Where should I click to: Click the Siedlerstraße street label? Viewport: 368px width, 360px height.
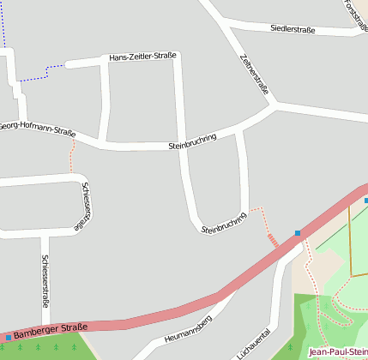[x=293, y=30]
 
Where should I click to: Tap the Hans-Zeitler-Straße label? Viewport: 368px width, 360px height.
[x=142, y=57]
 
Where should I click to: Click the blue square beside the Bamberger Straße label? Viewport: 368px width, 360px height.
[x=8, y=338]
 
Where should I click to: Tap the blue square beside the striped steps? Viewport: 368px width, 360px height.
[x=298, y=233]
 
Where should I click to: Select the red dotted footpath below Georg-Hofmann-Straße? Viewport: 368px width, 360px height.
[x=72, y=159]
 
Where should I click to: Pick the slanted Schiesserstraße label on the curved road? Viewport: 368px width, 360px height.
[x=82, y=207]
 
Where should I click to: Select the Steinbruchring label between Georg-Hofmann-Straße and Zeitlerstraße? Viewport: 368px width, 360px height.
[x=192, y=141]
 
